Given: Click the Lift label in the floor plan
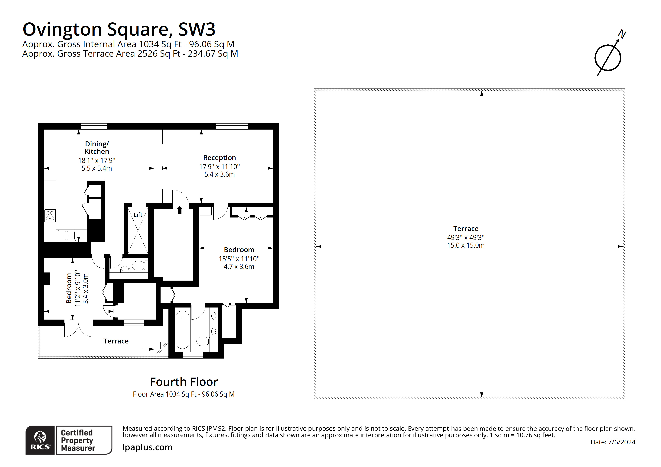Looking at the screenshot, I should (138, 215).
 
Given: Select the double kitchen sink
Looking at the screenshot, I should (67, 235).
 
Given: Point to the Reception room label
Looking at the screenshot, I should (219, 158).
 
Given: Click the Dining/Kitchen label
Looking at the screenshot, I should (97, 148).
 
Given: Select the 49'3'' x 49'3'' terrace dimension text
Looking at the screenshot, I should (466, 238).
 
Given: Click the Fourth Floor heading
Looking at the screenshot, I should (184, 382).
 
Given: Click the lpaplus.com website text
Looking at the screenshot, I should (147, 447).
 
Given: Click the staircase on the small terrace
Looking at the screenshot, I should (155, 349).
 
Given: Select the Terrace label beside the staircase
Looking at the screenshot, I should (116, 341).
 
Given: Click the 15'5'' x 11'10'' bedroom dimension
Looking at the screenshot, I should (239, 259).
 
